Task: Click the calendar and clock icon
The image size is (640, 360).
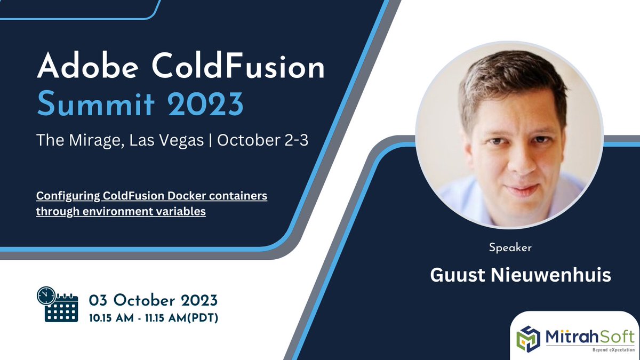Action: (x=57, y=304)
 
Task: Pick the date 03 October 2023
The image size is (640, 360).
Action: (x=153, y=299)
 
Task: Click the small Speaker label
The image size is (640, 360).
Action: (x=510, y=248)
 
